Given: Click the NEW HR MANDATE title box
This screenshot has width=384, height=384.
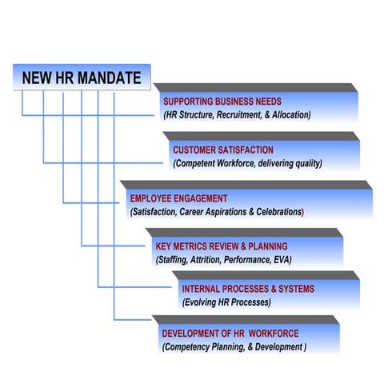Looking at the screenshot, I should tap(82, 78).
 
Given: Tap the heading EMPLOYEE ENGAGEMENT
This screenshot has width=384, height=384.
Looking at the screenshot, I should tap(178, 198).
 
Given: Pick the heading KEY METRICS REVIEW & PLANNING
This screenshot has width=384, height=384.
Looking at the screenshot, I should tap(221, 246).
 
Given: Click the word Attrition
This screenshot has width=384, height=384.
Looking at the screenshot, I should tap(208, 260).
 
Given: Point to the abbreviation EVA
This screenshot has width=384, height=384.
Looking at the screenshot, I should tap(282, 260).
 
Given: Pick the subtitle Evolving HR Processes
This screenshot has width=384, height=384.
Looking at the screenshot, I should tap(226, 302).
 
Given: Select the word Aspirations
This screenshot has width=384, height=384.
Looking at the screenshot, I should tap(236, 212).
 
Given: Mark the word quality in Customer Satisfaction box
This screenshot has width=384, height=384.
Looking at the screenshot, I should tap(306, 163).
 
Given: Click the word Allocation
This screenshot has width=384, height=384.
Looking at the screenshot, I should tap(288, 115).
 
